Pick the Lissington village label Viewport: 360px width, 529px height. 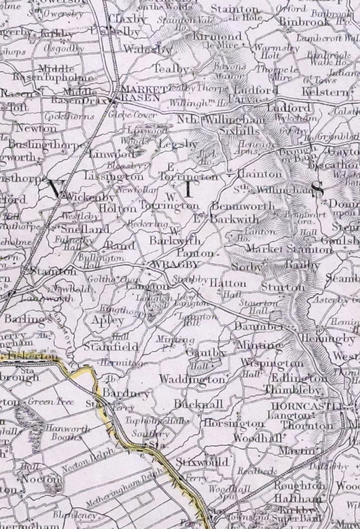tap(115, 177)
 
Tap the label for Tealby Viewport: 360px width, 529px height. tap(172, 70)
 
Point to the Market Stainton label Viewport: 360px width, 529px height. tap(289, 249)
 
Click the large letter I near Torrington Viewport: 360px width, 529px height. tap(188, 190)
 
